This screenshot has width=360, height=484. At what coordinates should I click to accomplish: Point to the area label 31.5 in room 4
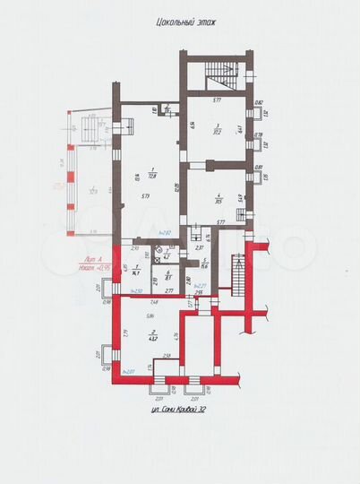click(218, 200)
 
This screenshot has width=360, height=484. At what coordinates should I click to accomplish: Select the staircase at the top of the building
click(221, 77)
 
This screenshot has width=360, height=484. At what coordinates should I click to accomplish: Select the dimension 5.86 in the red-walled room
click(153, 315)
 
